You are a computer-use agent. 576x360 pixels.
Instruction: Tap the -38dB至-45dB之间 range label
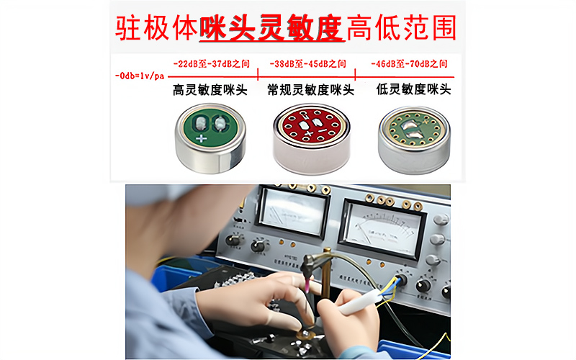tap(307, 63)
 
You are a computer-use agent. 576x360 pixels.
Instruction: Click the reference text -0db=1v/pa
tap(140, 75)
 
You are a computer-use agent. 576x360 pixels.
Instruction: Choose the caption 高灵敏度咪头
tap(210, 91)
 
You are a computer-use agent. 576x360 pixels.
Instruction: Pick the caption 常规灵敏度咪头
tap(310, 91)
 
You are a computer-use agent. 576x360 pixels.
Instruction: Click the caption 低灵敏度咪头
tap(413, 91)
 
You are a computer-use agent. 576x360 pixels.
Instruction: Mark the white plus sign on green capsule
tap(201, 137)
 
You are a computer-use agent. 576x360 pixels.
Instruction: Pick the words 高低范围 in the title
tap(400, 27)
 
